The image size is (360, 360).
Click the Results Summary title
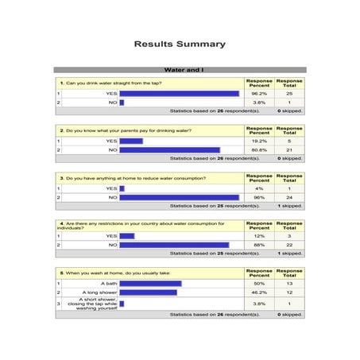pos(180,45)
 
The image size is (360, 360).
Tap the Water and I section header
pos(180,70)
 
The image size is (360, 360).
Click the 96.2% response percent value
pos(258,94)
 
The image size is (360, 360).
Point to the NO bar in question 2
pos(169,149)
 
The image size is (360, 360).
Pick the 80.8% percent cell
pos(258,149)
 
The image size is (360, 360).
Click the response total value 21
pos(289,149)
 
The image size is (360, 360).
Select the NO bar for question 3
pos(179,197)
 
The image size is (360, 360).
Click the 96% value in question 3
pos(258,197)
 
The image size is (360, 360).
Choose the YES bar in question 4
pos(126,236)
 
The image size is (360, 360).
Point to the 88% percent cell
pos(258,245)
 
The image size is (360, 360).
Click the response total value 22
pos(289,245)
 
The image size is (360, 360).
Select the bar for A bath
pos(150,284)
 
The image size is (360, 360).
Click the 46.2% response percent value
pos(258,292)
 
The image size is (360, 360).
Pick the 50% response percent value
pos(258,284)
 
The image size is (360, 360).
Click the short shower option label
pos(92,304)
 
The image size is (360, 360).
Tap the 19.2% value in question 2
pos(258,141)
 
